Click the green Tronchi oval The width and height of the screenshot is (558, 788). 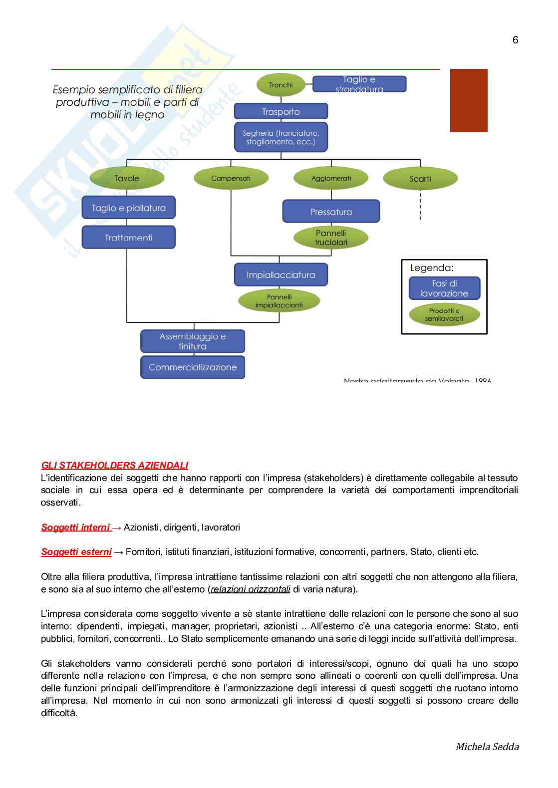pyautogui.click(x=280, y=85)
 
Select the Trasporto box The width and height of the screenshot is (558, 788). pyautogui.click(x=281, y=111)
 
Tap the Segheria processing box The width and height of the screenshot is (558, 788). pyautogui.click(x=281, y=137)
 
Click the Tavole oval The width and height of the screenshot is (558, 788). pyautogui.click(x=127, y=178)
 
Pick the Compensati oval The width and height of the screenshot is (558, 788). pyautogui.click(x=231, y=178)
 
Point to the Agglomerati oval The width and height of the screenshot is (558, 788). pyautogui.click(x=331, y=178)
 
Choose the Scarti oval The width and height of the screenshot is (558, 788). pyautogui.click(x=420, y=179)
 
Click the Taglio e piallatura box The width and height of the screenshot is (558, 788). pyautogui.click(x=129, y=208)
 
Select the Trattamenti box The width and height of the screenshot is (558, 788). pyautogui.click(x=129, y=238)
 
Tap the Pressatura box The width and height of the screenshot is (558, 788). pyautogui.click(x=331, y=212)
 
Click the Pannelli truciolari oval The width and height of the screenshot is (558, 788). pyautogui.click(x=331, y=238)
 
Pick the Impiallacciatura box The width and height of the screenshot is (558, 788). pyautogui.click(x=281, y=274)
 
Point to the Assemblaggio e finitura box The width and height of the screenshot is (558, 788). pyautogui.click(x=193, y=341)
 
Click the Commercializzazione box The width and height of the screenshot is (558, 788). pyautogui.click(x=193, y=367)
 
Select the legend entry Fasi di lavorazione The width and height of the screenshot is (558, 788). pyautogui.click(x=444, y=288)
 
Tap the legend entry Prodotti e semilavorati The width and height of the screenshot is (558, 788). pyautogui.click(x=444, y=314)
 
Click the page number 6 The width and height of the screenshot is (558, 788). pyautogui.click(x=515, y=40)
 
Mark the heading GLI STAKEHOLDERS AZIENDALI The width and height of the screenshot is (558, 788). pyautogui.click(x=114, y=466)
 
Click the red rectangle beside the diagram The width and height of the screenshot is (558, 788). pyautogui.click(x=469, y=100)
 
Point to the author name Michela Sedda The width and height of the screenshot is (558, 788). pyautogui.click(x=487, y=747)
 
